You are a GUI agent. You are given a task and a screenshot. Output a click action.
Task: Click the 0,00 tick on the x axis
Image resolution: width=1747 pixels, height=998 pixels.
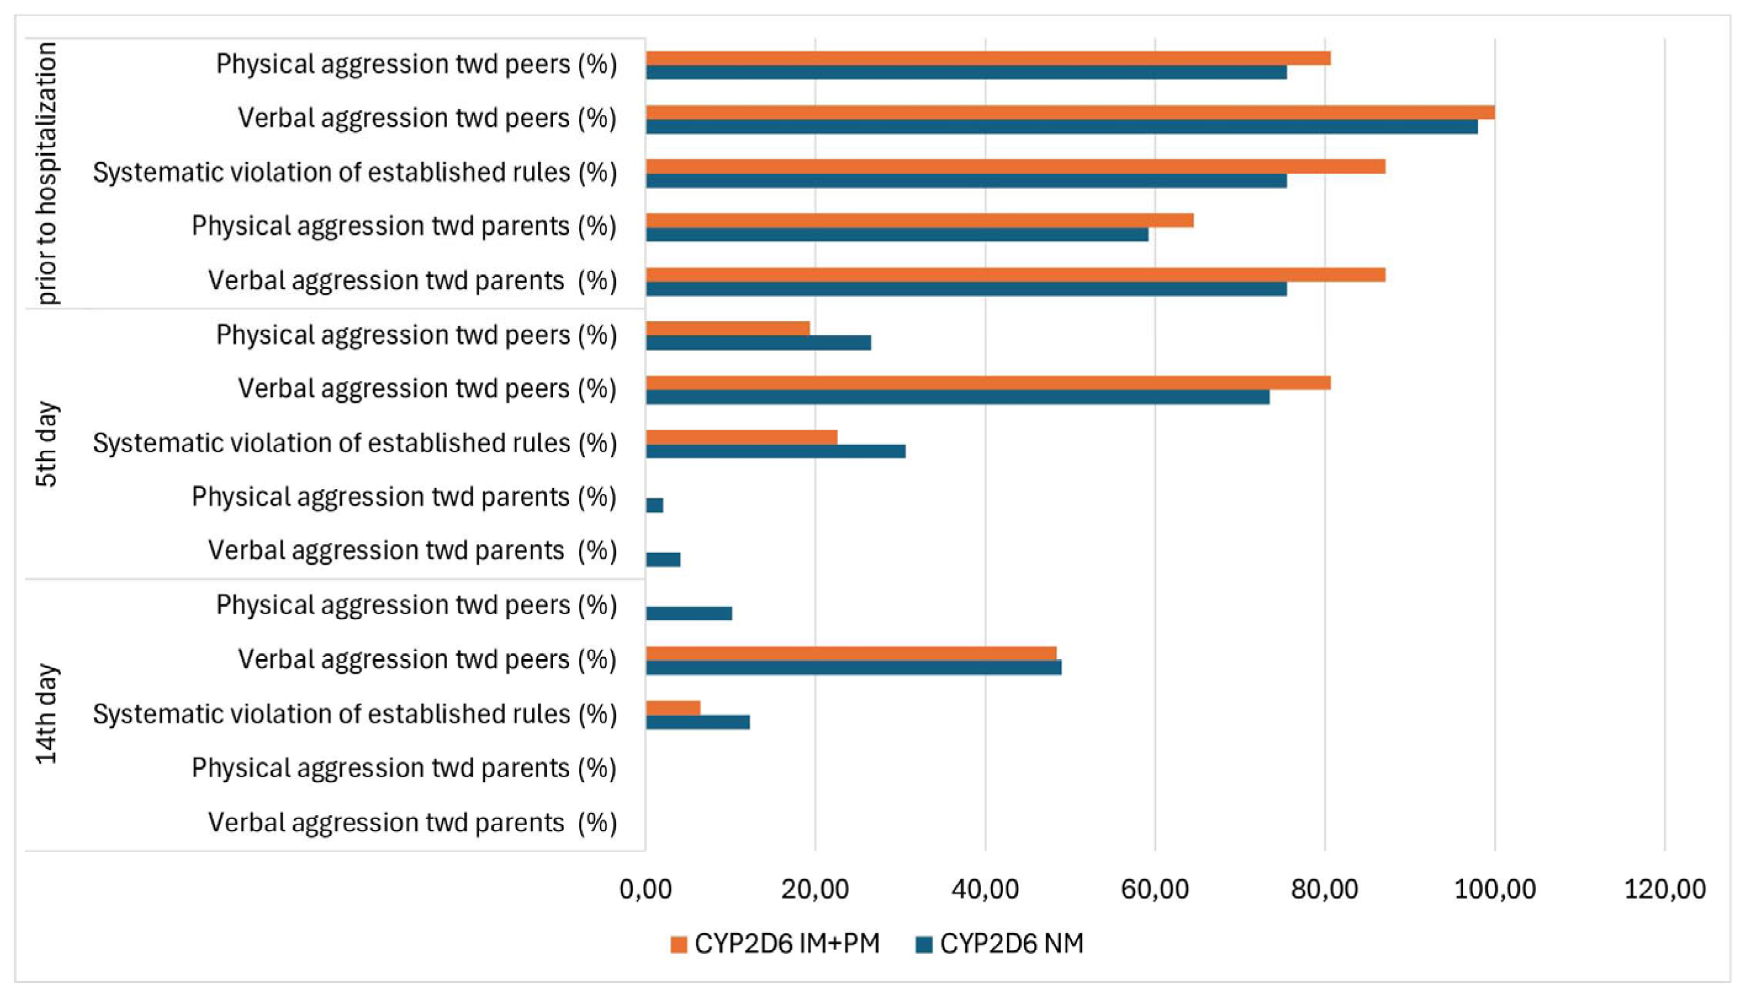click(x=645, y=889)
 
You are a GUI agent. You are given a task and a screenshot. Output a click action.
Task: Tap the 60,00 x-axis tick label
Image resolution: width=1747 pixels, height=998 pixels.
click(x=1155, y=889)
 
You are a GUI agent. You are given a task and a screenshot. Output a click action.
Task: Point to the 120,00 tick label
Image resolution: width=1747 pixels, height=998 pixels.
click(x=1664, y=889)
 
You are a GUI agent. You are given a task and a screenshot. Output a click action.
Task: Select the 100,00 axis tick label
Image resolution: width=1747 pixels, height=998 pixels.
click(x=1495, y=889)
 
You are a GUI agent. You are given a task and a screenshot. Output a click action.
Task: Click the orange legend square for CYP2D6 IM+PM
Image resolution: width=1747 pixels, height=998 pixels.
click(x=679, y=944)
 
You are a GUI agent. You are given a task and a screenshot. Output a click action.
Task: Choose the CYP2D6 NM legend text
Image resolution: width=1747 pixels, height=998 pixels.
click(x=1012, y=944)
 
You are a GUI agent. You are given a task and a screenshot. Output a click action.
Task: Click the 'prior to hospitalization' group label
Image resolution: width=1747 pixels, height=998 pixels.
click(x=47, y=173)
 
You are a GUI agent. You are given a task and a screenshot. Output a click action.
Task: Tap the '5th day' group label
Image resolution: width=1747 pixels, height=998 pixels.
click(x=47, y=444)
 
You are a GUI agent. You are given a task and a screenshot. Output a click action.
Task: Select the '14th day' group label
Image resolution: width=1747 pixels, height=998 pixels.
click(x=47, y=714)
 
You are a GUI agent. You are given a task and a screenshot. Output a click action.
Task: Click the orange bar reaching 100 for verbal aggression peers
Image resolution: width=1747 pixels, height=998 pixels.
click(x=1070, y=113)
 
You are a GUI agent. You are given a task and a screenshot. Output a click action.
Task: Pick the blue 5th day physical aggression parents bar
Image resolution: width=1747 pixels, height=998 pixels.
click(x=655, y=505)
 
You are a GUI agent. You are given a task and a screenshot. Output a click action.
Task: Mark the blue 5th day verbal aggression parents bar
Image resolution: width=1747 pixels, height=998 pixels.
click(x=663, y=559)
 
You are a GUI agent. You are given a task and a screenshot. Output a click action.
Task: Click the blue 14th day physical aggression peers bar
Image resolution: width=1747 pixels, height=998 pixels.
click(x=688, y=613)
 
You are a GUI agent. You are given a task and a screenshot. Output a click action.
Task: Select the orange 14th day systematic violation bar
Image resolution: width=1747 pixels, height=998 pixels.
click(x=673, y=708)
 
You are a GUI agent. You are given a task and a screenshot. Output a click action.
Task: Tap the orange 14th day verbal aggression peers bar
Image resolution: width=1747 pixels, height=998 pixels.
click(x=851, y=653)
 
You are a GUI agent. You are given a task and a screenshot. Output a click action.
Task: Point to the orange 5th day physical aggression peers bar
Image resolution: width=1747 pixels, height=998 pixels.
click(x=728, y=329)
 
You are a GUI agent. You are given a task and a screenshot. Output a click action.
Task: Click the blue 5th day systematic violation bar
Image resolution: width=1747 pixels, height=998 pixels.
click(x=776, y=451)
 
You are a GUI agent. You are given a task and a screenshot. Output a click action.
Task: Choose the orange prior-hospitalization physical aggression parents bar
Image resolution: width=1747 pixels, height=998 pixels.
click(x=920, y=220)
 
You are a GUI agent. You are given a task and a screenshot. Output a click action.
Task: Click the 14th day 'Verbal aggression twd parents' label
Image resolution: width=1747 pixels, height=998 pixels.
click(x=412, y=823)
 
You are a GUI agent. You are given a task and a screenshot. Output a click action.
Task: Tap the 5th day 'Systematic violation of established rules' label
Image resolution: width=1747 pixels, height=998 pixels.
click(x=355, y=444)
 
